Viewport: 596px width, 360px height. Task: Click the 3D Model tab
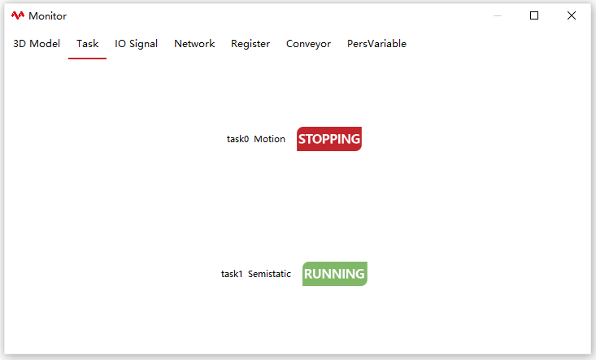(x=37, y=44)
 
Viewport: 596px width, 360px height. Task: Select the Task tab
(x=88, y=44)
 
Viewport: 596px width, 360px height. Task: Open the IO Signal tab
(x=136, y=44)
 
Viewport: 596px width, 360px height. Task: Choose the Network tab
(x=194, y=44)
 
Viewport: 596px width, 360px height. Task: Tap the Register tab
(x=250, y=44)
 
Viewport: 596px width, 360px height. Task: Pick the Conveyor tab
(x=308, y=44)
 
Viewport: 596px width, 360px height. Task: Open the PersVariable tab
(x=376, y=44)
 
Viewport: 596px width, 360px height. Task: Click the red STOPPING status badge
(x=329, y=139)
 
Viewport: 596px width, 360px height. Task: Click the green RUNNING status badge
(x=335, y=274)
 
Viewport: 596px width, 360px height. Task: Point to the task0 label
(x=237, y=139)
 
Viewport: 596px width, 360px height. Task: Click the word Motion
(x=269, y=139)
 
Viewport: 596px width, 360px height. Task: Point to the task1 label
(x=232, y=274)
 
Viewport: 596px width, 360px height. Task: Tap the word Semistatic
(x=269, y=274)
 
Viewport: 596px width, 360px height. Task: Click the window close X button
(x=572, y=15)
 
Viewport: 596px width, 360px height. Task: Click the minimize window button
(x=498, y=16)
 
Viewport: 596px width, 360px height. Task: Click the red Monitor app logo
(x=18, y=15)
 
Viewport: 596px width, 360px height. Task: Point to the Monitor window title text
(x=47, y=16)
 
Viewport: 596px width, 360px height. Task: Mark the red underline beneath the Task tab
(x=88, y=59)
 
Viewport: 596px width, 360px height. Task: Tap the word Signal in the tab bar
(x=143, y=44)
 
